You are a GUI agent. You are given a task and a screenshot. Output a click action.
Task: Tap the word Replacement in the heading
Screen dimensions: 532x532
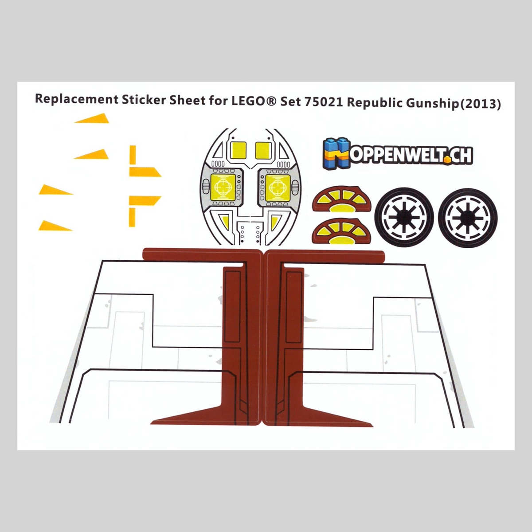(x=76, y=100)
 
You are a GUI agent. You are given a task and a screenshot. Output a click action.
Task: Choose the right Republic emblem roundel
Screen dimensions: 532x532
(x=468, y=218)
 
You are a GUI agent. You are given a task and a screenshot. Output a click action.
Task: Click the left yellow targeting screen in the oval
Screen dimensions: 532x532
(x=223, y=188)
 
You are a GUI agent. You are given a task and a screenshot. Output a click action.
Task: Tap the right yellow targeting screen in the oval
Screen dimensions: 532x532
(x=278, y=188)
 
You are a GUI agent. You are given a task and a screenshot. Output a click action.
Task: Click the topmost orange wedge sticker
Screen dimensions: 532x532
(x=92, y=118)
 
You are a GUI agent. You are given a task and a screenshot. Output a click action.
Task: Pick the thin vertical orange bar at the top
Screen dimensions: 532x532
(x=133, y=155)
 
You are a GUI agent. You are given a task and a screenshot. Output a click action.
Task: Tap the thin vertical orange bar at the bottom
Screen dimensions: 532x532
(x=132, y=217)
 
